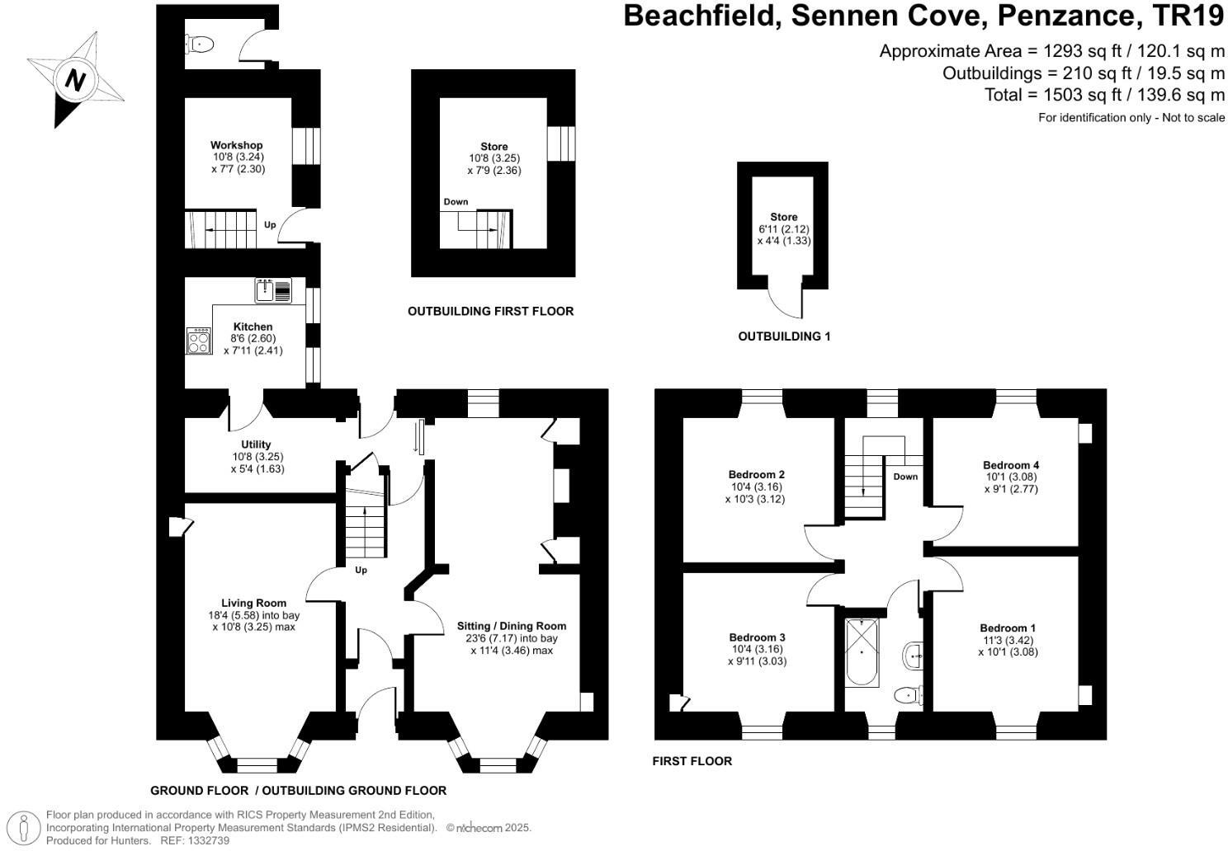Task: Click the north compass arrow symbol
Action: (x=75, y=80)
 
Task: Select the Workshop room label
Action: (x=236, y=145)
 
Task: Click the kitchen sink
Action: (x=273, y=290)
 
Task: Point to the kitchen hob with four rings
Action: (x=199, y=341)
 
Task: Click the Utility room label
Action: (x=256, y=444)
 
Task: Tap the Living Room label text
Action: (x=253, y=603)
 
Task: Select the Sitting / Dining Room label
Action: (x=512, y=626)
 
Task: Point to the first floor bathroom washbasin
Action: (x=914, y=656)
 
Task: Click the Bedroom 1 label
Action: (x=1008, y=628)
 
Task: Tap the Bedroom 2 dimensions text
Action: (x=755, y=493)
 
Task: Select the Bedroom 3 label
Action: (x=757, y=637)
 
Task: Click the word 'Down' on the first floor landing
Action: (x=904, y=477)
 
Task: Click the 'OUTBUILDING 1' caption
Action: (x=784, y=336)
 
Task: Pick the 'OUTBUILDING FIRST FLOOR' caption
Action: (x=490, y=311)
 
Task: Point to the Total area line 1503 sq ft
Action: (x=1104, y=95)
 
